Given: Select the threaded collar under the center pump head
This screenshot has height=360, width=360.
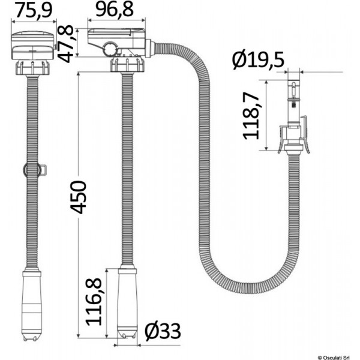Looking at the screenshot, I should pyautogui.click(x=127, y=64).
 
